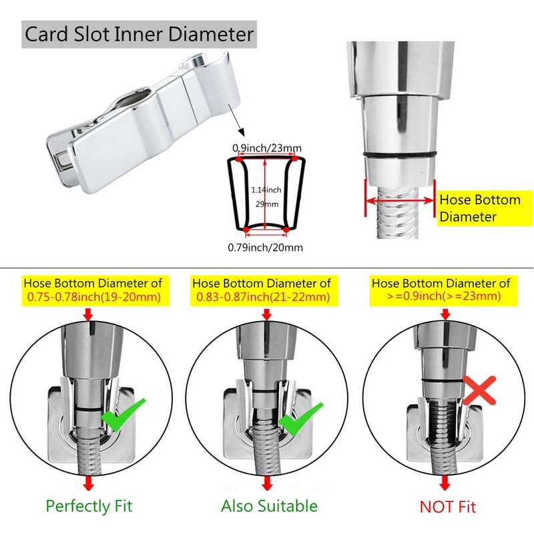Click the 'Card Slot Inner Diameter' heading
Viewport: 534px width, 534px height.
pyautogui.click(x=139, y=33)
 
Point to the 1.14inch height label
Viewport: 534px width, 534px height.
pyautogui.click(x=266, y=190)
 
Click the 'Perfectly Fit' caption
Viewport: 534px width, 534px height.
pyautogui.click(x=89, y=505)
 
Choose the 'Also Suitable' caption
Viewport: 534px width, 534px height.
pyautogui.click(x=269, y=505)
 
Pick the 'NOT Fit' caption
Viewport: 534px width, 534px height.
pyautogui.click(x=448, y=506)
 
